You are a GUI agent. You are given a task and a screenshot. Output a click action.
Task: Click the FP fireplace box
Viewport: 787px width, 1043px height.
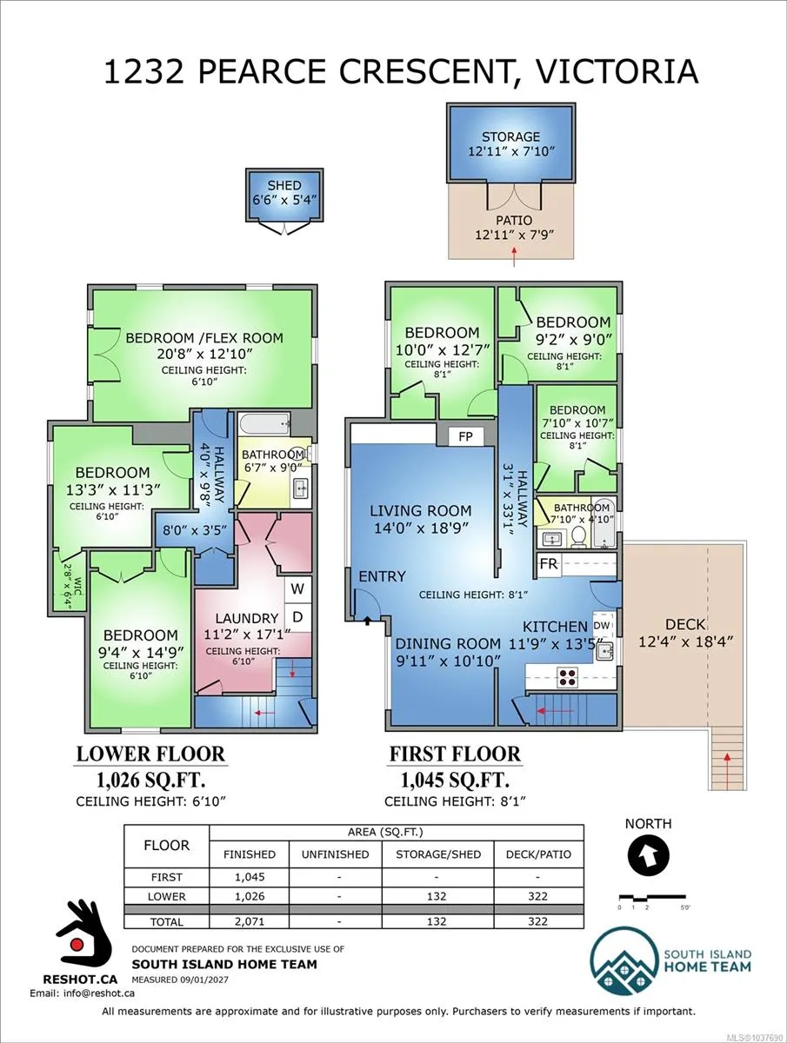(466, 435)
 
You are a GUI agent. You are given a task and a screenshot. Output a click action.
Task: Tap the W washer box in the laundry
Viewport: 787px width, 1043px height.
(297, 588)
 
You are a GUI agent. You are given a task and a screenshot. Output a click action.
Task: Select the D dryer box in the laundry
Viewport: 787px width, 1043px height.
(297, 617)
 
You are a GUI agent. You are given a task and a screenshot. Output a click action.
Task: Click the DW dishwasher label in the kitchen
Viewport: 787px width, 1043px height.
(602, 625)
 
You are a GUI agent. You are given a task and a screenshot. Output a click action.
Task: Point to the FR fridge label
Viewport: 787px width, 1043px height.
(549, 564)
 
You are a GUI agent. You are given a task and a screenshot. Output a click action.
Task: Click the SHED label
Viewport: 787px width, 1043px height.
(284, 185)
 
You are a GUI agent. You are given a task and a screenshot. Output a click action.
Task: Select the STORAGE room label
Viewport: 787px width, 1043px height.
(510, 136)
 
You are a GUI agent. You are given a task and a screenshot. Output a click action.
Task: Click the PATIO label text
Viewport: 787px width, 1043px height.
(514, 221)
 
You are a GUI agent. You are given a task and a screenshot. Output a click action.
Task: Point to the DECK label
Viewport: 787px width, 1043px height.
(685, 624)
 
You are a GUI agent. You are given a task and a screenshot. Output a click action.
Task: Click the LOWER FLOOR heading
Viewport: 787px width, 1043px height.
(150, 754)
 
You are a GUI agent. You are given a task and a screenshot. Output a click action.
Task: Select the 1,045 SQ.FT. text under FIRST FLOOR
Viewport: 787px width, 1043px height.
(455, 780)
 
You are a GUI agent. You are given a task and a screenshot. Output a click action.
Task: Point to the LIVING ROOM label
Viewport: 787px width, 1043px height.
(421, 511)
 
